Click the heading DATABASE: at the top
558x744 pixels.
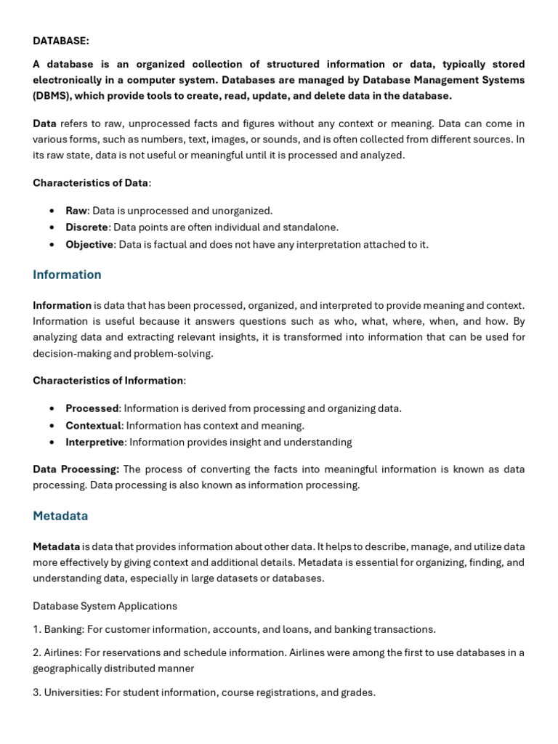click(x=61, y=41)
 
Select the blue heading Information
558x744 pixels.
click(x=67, y=275)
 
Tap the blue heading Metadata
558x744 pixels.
click(x=60, y=516)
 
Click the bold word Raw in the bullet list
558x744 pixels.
click(x=76, y=211)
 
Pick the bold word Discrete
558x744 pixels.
click(x=86, y=227)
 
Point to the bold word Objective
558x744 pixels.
click(x=89, y=244)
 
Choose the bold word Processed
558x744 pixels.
click(x=92, y=408)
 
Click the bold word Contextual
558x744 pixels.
click(x=93, y=425)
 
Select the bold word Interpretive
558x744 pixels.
click(x=95, y=442)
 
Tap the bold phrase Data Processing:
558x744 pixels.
click(x=76, y=469)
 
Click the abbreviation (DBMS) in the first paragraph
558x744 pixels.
click(x=52, y=96)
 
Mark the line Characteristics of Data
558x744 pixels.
click(x=91, y=183)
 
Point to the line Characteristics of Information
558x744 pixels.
click(x=108, y=380)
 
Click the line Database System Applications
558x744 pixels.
click(x=105, y=606)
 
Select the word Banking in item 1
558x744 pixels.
click(x=63, y=629)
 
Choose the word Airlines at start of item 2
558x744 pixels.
click(x=63, y=652)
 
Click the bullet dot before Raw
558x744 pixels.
click(x=52, y=211)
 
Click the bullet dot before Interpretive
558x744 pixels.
click(x=52, y=442)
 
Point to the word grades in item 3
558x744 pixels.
click(x=357, y=692)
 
